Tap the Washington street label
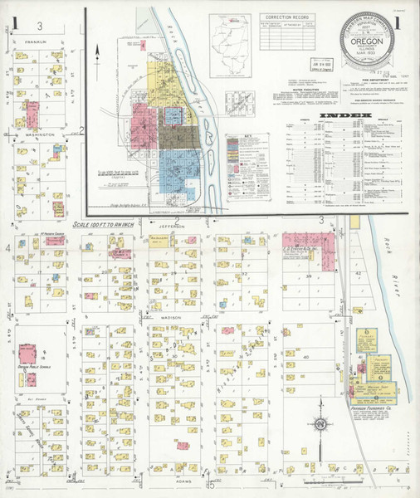tap(39, 133)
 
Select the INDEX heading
tap(342, 113)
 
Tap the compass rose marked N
tap(319, 425)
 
